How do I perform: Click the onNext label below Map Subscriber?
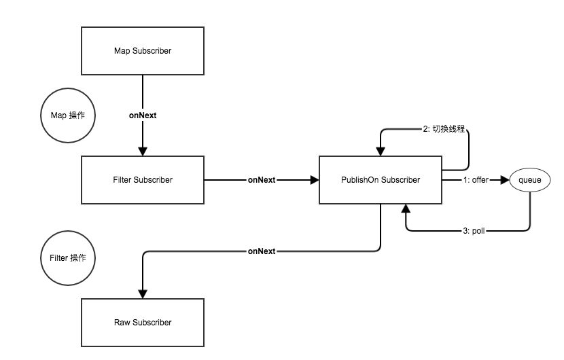pyautogui.click(x=143, y=115)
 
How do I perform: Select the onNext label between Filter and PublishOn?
pyautogui.click(x=262, y=180)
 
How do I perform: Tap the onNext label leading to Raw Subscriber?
pyautogui.click(x=262, y=251)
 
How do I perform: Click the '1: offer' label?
pyautogui.click(x=476, y=180)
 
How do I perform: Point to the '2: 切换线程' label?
pyautogui.click(x=444, y=129)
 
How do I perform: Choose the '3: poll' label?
pyautogui.click(x=474, y=230)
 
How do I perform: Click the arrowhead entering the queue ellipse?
pyautogui.click(x=505, y=180)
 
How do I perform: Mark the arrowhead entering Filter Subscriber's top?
pyautogui.click(x=143, y=151)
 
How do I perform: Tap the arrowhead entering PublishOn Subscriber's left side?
pyautogui.click(x=315, y=180)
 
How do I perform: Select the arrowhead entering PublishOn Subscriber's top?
pyautogui.click(x=381, y=151)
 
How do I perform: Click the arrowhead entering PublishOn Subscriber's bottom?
pyautogui.click(x=406, y=209)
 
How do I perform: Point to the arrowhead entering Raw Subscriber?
pyautogui.click(x=143, y=294)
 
